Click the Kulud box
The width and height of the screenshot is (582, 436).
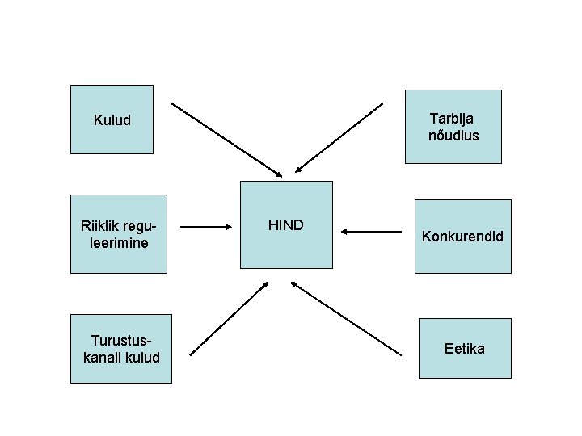(x=112, y=119)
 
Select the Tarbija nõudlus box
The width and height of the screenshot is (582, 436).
(x=453, y=127)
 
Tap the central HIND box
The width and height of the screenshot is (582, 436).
(x=286, y=224)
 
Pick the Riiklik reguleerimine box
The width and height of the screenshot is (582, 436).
(x=119, y=234)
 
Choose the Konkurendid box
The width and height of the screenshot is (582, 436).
(x=463, y=237)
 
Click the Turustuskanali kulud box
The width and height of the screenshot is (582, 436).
(x=121, y=349)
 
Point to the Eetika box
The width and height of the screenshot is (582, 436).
(x=465, y=349)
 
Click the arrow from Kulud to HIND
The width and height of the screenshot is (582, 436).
(x=226, y=139)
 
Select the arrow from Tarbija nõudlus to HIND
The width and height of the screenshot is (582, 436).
(x=339, y=137)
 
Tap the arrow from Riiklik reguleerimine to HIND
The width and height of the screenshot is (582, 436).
(x=204, y=228)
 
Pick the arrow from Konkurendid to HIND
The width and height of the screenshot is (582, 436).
(x=371, y=232)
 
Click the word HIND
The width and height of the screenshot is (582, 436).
(x=286, y=225)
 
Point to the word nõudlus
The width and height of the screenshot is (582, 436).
(x=453, y=135)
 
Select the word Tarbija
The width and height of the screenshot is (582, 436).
(x=453, y=119)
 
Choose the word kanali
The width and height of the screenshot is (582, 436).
(x=102, y=357)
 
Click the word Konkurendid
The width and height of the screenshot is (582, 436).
(x=463, y=237)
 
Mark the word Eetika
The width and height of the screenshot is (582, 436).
(x=465, y=349)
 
